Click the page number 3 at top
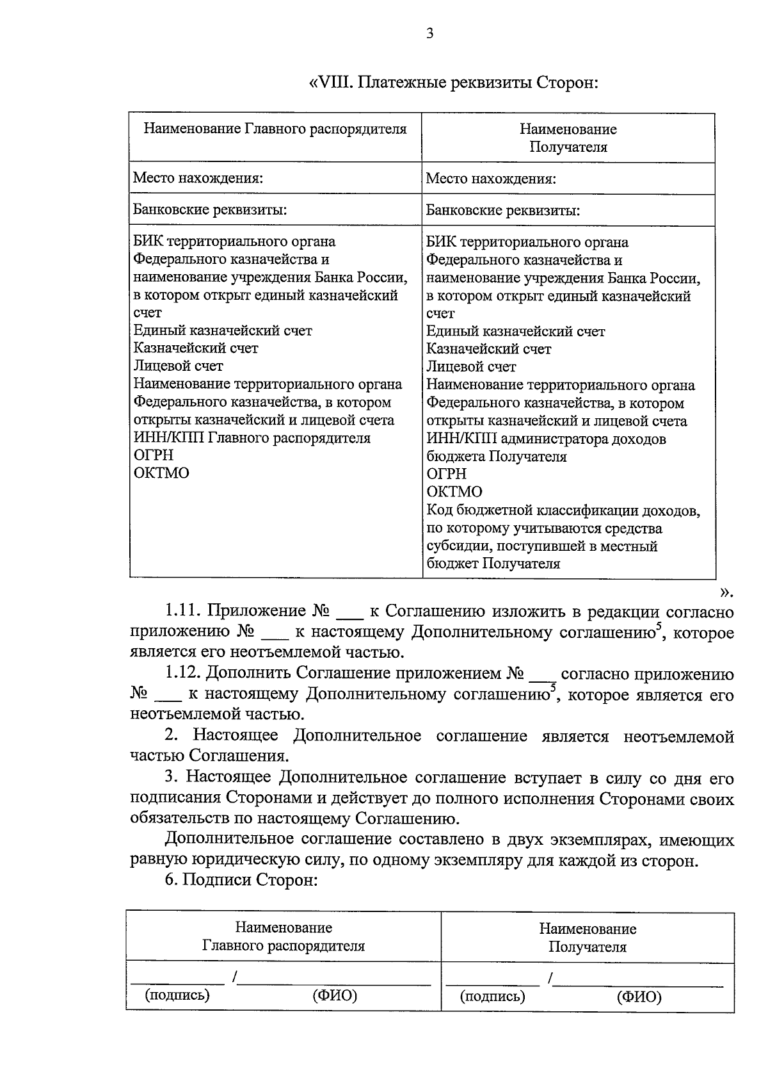pyautogui.click(x=429, y=33)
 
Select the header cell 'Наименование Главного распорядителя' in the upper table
pyautogui.click(x=275, y=129)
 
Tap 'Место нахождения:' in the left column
pyautogui.click(x=198, y=178)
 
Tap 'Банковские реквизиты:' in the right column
pyautogui.click(x=503, y=211)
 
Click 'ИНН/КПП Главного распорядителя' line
pyautogui.click(x=252, y=438)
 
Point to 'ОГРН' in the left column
pyautogui.click(x=154, y=455)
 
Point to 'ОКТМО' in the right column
pyautogui.click(x=454, y=492)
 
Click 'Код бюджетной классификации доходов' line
pyautogui.click(x=563, y=510)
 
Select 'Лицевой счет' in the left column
pyautogui.click(x=178, y=366)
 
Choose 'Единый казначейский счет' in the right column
pyautogui.click(x=515, y=332)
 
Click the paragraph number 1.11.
pyautogui.click(x=184, y=612)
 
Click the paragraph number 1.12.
pyautogui.click(x=184, y=674)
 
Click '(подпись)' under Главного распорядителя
pyautogui.click(x=178, y=995)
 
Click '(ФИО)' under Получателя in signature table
pyautogui.click(x=639, y=997)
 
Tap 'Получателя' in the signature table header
pyautogui.click(x=587, y=947)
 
